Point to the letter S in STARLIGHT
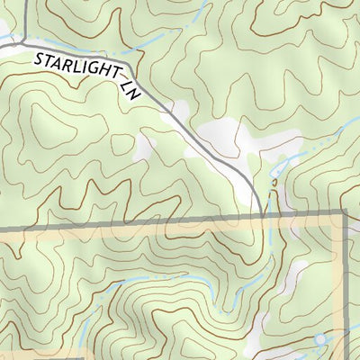pyautogui.click(x=40, y=60)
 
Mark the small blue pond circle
pyautogui.click(x=320, y=340)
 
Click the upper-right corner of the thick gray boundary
pyautogui.click(x=345, y=213)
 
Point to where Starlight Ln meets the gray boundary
pyautogui.click(x=262, y=216)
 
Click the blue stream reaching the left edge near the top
pyautogui.click(x=7, y=38)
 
